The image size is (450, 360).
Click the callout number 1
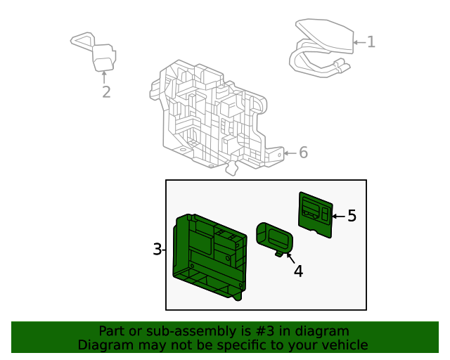click(371, 42)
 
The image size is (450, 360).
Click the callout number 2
click(106, 92)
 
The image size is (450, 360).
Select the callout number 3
click(157, 250)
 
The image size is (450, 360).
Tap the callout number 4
click(299, 271)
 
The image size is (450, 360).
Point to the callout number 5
click(352, 216)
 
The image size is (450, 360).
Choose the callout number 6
click(303, 153)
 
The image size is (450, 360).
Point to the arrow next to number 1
click(359, 42)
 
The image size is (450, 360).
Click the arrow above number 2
click(104, 77)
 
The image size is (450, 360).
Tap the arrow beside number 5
click(337, 216)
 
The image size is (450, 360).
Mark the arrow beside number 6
click(290, 153)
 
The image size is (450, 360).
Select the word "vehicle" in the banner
click(342, 345)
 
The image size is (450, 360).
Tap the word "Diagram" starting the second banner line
click(103, 345)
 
